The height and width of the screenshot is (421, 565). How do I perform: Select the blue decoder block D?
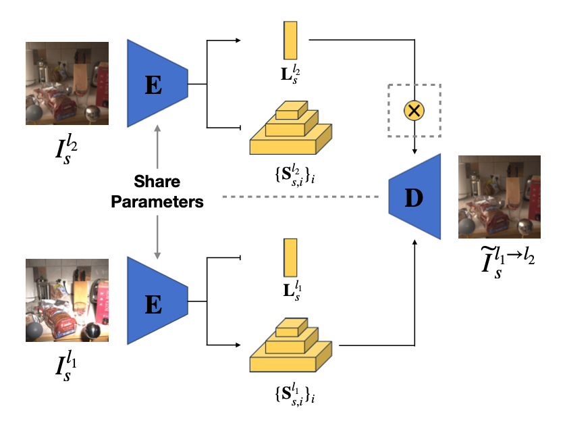tap(416, 197)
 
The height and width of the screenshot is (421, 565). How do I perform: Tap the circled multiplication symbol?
tap(414, 110)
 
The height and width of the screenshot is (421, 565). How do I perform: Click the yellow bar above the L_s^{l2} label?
tap(291, 40)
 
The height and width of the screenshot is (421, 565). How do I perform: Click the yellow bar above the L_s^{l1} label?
tap(291, 257)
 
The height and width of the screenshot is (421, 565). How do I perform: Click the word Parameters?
tap(157, 201)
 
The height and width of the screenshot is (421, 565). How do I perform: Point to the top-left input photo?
tap(67, 82)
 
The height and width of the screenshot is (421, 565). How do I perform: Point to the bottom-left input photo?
tap(67, 301)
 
